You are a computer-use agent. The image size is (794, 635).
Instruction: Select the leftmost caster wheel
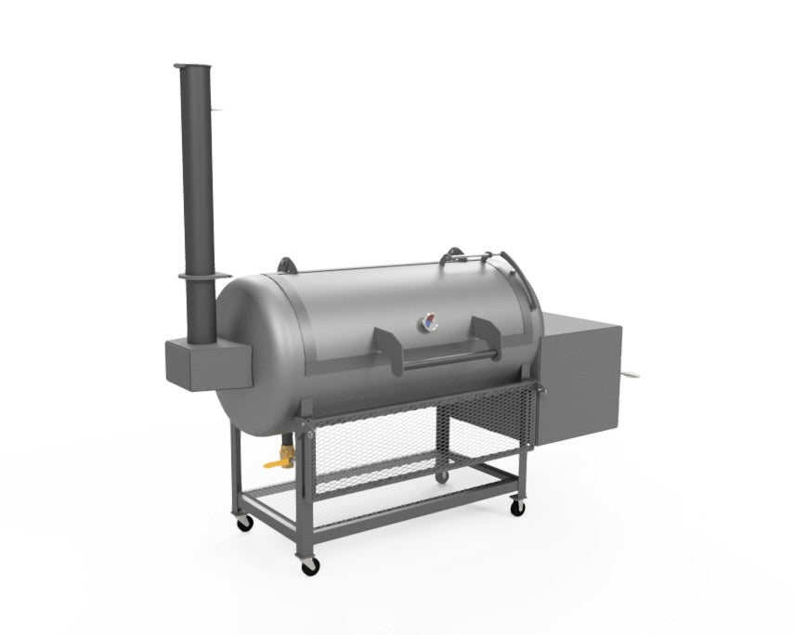click(245, 524)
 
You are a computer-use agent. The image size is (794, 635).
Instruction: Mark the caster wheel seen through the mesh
click(443, 477)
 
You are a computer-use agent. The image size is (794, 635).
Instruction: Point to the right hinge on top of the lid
click(455, 253)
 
